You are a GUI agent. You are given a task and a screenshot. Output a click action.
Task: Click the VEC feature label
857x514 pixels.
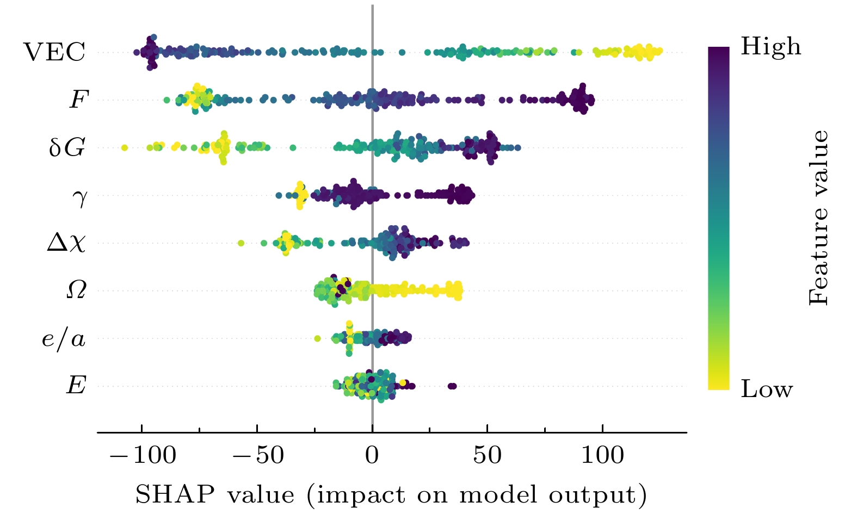coord(54,52)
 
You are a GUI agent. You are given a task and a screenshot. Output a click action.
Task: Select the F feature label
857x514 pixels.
coord(78,100)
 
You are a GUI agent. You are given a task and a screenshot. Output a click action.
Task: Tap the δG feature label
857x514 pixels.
coord(67,147)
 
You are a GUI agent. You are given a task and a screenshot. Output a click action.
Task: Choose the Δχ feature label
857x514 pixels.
coord(66,243)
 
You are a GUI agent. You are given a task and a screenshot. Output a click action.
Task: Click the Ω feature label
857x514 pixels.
coord(76,290)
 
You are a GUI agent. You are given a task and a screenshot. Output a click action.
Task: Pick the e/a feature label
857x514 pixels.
coord(64,339)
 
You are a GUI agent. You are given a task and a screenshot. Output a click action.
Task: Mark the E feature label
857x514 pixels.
coord(76,386)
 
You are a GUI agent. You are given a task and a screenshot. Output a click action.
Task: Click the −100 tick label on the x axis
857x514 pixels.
coord(143,455)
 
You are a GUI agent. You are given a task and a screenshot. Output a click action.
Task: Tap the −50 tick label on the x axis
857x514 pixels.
coord(258,455)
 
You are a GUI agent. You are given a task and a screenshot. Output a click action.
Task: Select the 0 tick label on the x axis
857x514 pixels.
coord(372,455)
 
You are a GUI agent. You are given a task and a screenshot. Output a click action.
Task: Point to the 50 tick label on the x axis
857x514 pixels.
coord(487,455)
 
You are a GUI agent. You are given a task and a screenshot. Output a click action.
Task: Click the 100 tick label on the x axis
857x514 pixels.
coord(602,455)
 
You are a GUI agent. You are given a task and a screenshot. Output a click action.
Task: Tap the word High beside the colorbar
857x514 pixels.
coord(770,47)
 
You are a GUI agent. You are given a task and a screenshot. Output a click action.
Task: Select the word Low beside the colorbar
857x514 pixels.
coord(766,389)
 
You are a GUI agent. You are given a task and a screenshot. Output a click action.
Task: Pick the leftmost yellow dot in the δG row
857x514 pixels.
coord(124,147)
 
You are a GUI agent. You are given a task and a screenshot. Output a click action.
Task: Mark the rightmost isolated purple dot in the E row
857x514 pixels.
coord(453,386)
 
